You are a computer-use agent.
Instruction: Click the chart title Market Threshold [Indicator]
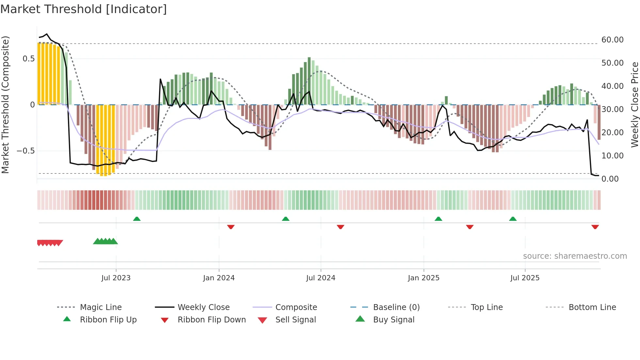tap(84, 9)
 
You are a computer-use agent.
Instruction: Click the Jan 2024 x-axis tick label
tap(219, 278)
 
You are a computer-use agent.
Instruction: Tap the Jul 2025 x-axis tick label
tap(525, 278)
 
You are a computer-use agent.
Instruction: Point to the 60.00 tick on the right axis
tap(612, 40)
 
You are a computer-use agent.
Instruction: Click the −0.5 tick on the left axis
tap(25, 151)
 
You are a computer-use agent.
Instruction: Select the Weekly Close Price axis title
tap(634, 105)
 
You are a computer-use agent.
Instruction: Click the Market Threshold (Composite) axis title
tap(5, 105)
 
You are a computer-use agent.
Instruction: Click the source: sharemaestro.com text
tap(575, 256)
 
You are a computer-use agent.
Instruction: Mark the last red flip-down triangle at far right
tap(595, 227)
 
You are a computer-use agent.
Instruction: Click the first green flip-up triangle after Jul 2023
tap(137, 219)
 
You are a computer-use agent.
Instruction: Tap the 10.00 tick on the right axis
tap(612, 156)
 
